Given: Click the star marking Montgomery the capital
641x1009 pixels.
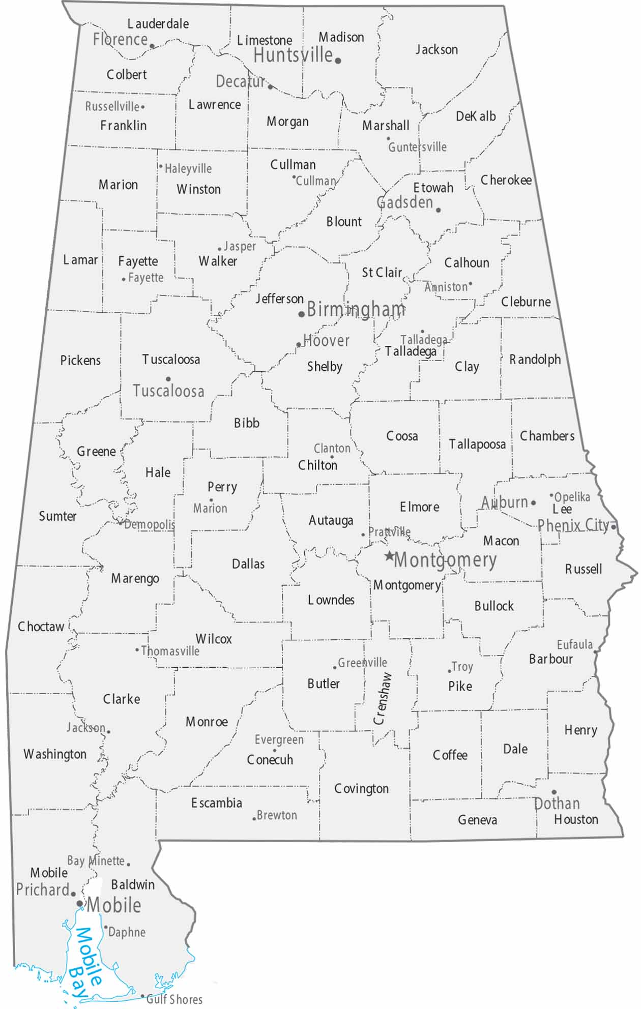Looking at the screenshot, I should coord(389,556).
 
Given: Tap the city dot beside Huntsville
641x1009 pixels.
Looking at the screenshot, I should coord(338,61).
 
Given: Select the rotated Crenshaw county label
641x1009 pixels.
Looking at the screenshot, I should coord(382,698).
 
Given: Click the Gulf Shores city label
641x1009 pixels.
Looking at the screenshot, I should coord(174,999).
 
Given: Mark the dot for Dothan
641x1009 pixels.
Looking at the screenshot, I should coord(554,792).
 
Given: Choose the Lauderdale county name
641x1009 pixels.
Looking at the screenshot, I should coord(158,24).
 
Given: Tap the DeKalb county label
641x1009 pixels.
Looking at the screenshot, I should coord(476,116).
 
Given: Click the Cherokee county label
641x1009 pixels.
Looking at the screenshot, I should coord(506,180).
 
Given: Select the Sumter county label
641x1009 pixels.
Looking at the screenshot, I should coord(57,516).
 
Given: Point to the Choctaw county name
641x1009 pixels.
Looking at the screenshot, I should coord(41,627).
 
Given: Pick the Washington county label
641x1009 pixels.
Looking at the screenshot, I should coord(55,754).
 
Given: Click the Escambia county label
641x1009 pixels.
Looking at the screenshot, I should coord(217,803).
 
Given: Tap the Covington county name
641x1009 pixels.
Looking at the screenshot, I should coord(361,789).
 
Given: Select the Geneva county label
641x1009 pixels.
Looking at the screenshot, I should coord(477,819).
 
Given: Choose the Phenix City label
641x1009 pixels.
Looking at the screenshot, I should coord(573,525).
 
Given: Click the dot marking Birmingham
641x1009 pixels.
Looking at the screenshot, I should coord(302,314).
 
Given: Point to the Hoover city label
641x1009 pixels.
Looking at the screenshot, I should coord(327,340).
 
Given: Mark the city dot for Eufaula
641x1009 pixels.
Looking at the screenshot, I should coord(596,651).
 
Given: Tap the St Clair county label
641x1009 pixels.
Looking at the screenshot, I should coord(382,273).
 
